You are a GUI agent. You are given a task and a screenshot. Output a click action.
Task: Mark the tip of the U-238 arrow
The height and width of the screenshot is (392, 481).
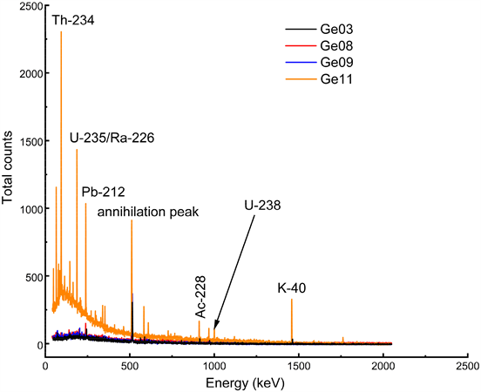click(x=215, y=330)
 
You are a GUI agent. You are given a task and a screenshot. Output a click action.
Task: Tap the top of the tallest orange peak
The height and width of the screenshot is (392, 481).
click(x=61, y=32)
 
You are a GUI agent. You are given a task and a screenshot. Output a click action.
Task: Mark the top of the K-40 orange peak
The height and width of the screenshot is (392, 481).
click(x=292, y=300)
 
